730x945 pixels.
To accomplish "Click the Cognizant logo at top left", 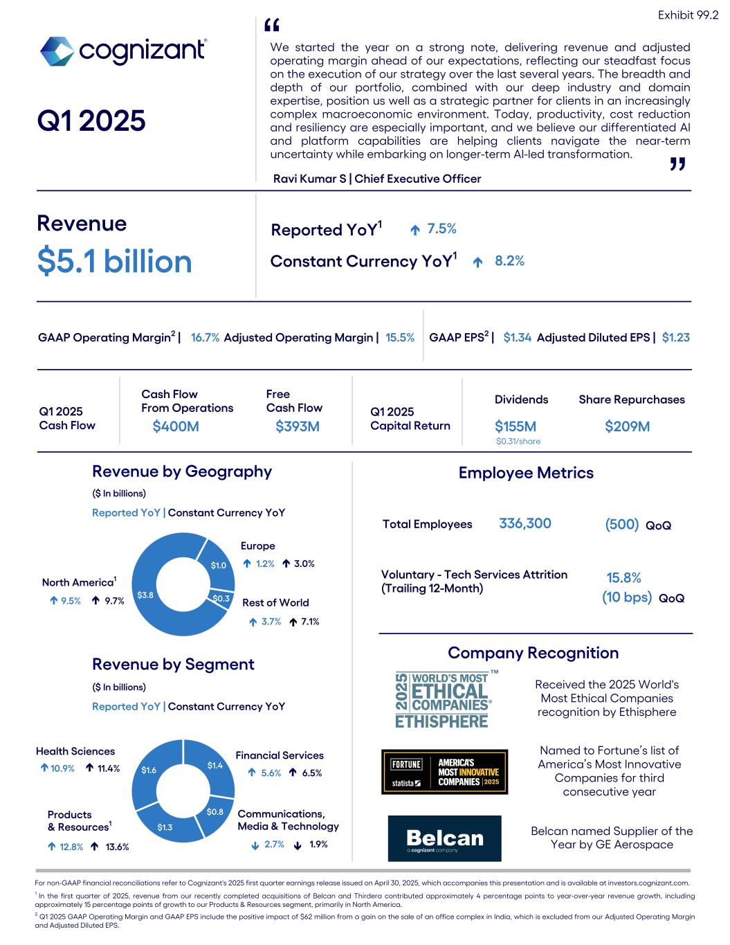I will tap(122, 51).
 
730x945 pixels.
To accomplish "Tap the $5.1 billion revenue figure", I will tap(114, 262).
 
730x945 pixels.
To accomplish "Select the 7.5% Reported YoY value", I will tap(441, 229).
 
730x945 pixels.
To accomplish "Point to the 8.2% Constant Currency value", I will tap(509, 261).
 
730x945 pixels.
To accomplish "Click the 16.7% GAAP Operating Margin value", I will tap(205, 338).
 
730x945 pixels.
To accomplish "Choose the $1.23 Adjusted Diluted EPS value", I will tap(675, 338).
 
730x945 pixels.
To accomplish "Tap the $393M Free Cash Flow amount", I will tap(298, 426).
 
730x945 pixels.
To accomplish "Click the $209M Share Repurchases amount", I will tap(627, 426).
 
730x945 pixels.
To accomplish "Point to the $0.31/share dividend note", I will tap(518, 442).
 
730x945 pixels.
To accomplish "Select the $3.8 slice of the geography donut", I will tap(146, 595).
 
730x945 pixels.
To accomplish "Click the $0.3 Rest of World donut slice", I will tap(221, 598).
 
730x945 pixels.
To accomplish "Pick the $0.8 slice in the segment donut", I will tap(215, 811).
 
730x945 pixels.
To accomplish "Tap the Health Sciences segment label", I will tap(75, 751).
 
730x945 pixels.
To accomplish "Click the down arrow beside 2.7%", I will tap(255, 845).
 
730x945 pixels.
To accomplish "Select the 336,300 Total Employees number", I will tap(524, 523).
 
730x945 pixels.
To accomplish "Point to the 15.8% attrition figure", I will tap(623, 578).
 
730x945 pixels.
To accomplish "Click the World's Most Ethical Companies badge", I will tap(443, 699).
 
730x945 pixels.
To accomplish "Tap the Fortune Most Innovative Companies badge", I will tap(444, 772).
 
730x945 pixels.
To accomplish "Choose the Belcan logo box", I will tap(444, 838).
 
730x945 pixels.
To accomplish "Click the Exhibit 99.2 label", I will tap(688, 15).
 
